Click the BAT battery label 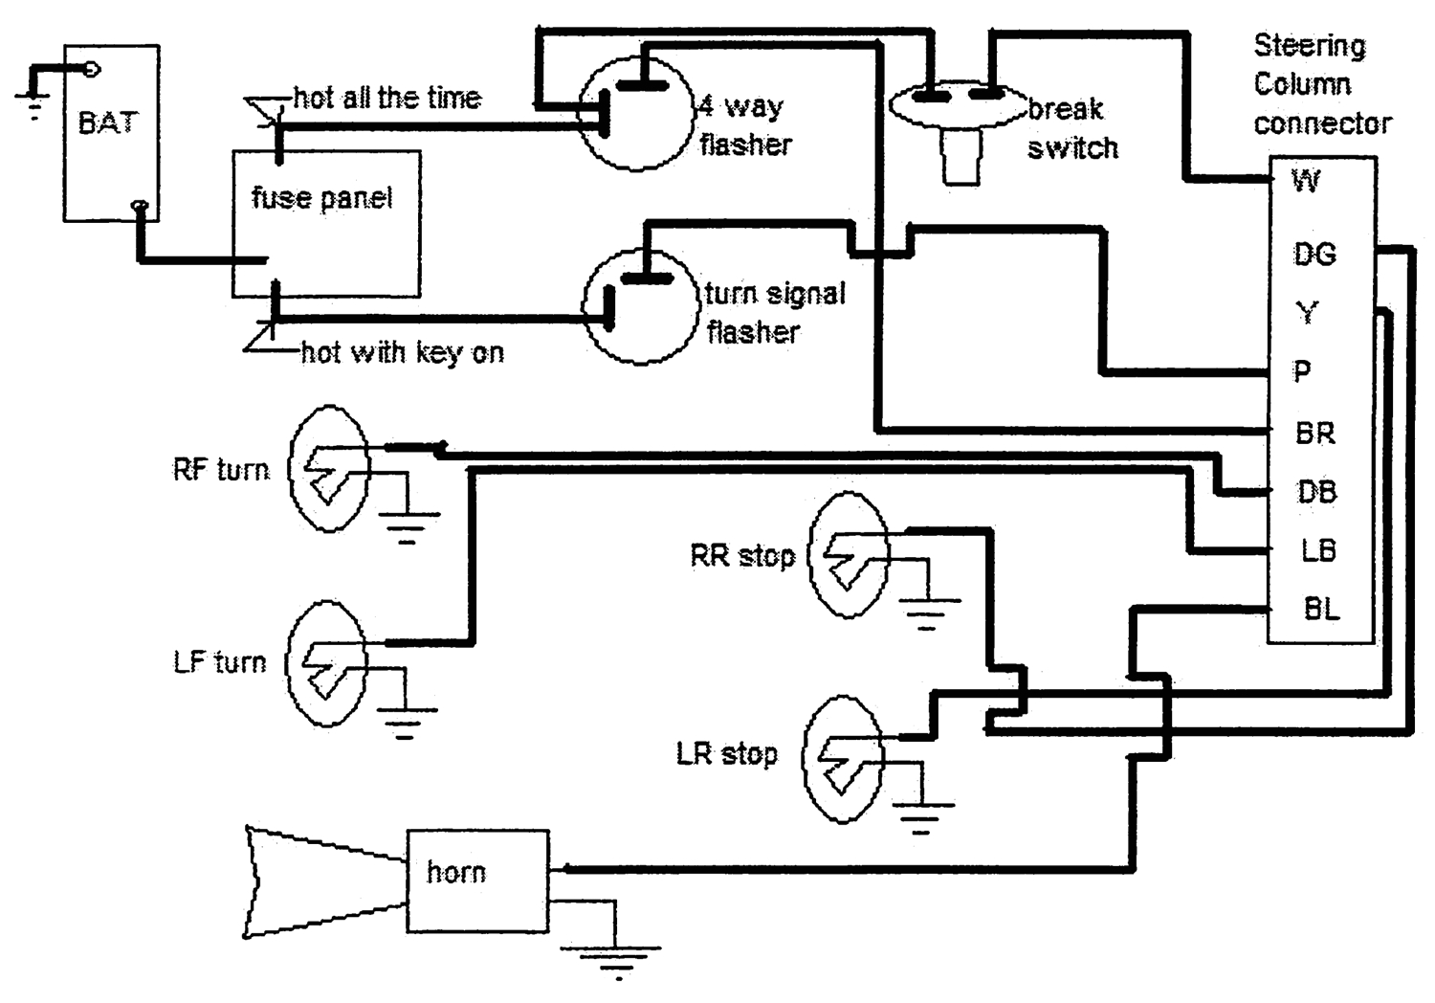click(107, 123)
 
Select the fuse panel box click(325, 224)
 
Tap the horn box click(477, 881)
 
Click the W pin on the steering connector click(1306, 180)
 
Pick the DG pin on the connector click(1314, 255)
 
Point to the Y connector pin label click(1307, 313)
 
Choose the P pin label click(1302, 371)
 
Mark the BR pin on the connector click(1314, 434)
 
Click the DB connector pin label click(1316, 492)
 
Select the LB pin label click(1317, 550)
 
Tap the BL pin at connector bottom click(1321, 609)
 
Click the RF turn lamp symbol click(329, 469)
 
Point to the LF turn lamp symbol click(326, 663)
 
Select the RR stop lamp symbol click(849, 556)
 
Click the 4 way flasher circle click(637, 113)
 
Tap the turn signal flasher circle click(641, 305)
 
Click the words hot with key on click(402, 353)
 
